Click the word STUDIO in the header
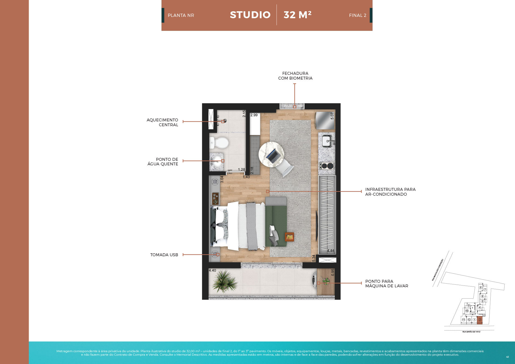[250, 15]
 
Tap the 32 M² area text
[297, 15]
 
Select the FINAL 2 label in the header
[358, 16]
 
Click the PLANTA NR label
[181, 16]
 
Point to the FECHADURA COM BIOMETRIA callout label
[295, 76]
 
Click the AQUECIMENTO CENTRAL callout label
[163, 122]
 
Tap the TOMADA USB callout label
[164, 255]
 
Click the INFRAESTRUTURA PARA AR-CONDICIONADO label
[390, 192]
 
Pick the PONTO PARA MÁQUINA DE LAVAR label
[387, 284]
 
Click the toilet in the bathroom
[220, 143]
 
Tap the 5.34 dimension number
[314, 258]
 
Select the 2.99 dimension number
[254, 115]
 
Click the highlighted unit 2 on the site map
[480, 320]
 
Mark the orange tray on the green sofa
[289, 237]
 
